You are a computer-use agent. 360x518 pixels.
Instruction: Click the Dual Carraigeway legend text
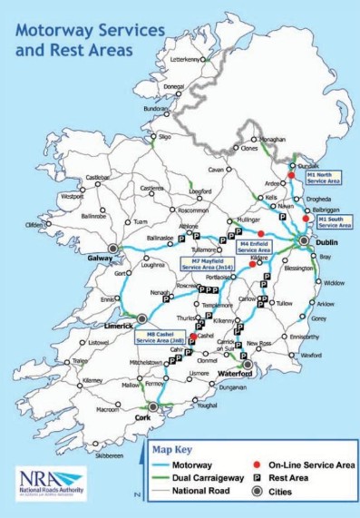coord(197,477)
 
